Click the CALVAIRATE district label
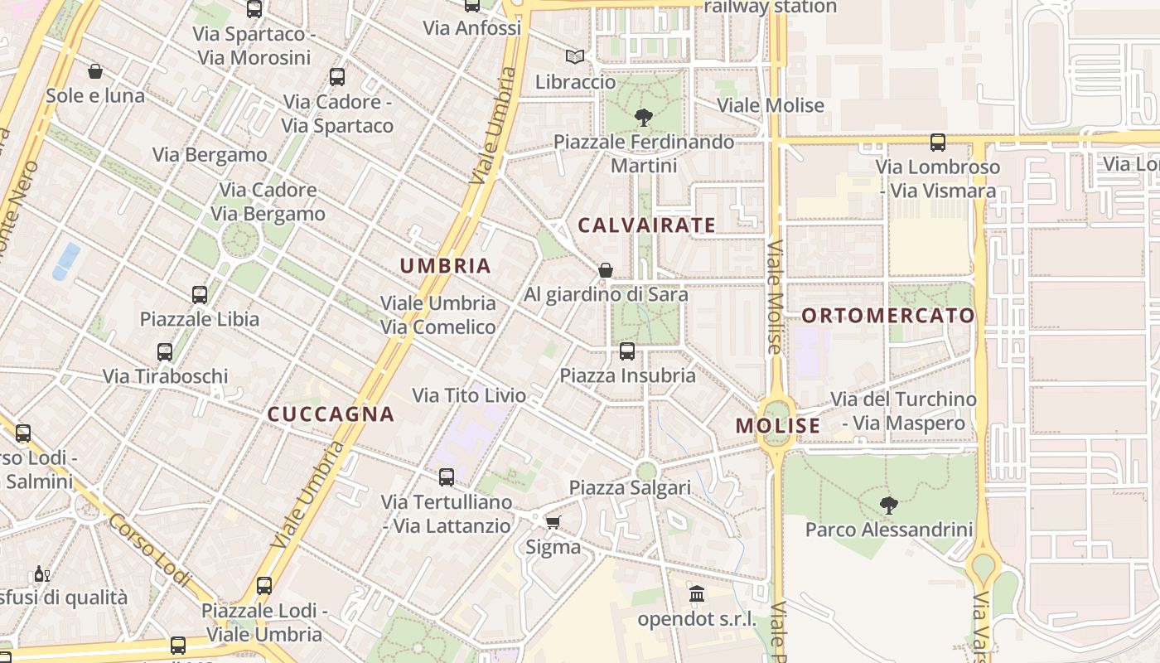pyautogui.click(x=646, y=225)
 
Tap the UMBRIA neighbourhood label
pyautogui.click(x=446, y=266)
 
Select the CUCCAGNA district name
pyautogui.click(x=331, y=414)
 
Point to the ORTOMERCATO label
pyautogui.click(x=888, y=316)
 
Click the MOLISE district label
pyautogui.click(x=777, y=426)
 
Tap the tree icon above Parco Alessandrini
pyautogui.click(x=888, y=504)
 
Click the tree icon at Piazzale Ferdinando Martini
pyautogui.click(x=643, y=118)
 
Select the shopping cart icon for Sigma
pyautogui.click(x=553, y=522)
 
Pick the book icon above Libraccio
pyautogui.click(x=575, y=57)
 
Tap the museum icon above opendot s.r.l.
pyautogui.click(x=697, y=593)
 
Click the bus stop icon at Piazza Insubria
pyautogui.click(x=627, y=351)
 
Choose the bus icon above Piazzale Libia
pyautogui.click(x=200, y=294)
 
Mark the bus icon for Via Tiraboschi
pyautogui.click(x=165, y=351)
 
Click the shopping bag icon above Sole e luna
pyautogui.click(x=95, y=71)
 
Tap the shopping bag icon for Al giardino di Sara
pyautogui.click(x=606, y=270)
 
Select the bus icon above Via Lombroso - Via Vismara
pyautogui.click(x=938, y=143)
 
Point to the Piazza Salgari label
pyautogui.click(x=630, y=487)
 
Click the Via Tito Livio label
pyautogui.click(x=469, y=395)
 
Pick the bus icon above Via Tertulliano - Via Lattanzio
pyautogui.click(x=447, y=477)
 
